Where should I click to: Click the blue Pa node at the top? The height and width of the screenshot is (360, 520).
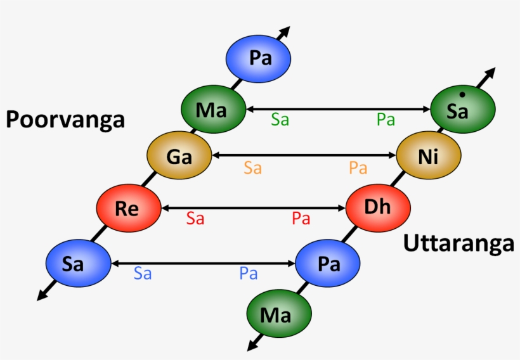[x=259, y=59]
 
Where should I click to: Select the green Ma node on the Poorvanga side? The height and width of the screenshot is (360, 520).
[x=212, y=110]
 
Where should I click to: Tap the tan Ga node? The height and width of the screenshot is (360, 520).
[x=179, y=156]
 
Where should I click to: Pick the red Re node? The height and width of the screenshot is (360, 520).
[x=128, y=209]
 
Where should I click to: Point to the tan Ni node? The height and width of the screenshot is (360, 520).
[x=429, y=156]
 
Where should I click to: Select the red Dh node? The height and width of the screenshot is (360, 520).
[x=378, y=207]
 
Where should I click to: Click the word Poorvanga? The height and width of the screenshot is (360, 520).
[x=65, y=119]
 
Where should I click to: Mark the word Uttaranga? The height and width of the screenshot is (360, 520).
[x=458, y=243]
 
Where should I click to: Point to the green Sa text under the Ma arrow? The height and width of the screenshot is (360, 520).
[x=280, y=120]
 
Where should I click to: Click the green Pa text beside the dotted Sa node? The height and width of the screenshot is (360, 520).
[x=386, y=120]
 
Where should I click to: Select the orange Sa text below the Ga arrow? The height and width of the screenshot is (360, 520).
[x=253, y=168]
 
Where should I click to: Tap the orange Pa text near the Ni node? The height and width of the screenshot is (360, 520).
[x=358, y=168]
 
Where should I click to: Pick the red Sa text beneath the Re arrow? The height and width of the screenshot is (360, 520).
[x=195, y=219]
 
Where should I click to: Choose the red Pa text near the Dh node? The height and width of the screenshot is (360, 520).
[x=301, y=219]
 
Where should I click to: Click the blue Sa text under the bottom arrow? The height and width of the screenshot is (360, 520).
[x=143, y=274]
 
